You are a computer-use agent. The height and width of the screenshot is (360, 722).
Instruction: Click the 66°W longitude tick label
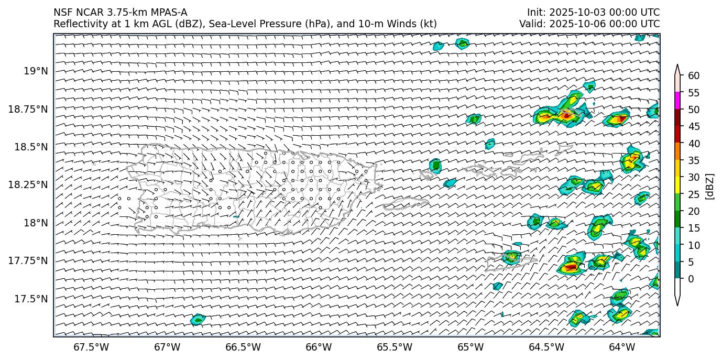coord(319,347)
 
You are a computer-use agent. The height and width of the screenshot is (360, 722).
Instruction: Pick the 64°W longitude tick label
coord(622,347)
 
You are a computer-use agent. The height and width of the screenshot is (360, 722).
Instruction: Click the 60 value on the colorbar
coord(694,76)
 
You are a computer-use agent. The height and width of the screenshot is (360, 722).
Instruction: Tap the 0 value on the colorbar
coord(691,279)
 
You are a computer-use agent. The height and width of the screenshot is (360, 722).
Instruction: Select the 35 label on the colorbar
coord(694,160)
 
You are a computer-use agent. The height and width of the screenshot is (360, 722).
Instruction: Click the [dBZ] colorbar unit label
coord(710,186)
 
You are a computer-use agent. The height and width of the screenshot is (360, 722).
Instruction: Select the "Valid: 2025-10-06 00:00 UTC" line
coord(589,24)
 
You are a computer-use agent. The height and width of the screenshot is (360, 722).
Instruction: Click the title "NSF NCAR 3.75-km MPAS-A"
coord(120,13)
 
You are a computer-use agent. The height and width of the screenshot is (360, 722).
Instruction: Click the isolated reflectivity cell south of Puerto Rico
coord(198,319)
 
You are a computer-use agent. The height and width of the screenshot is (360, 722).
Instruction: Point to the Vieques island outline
coord(406,204)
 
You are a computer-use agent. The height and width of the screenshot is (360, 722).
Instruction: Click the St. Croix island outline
coord(511,261)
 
